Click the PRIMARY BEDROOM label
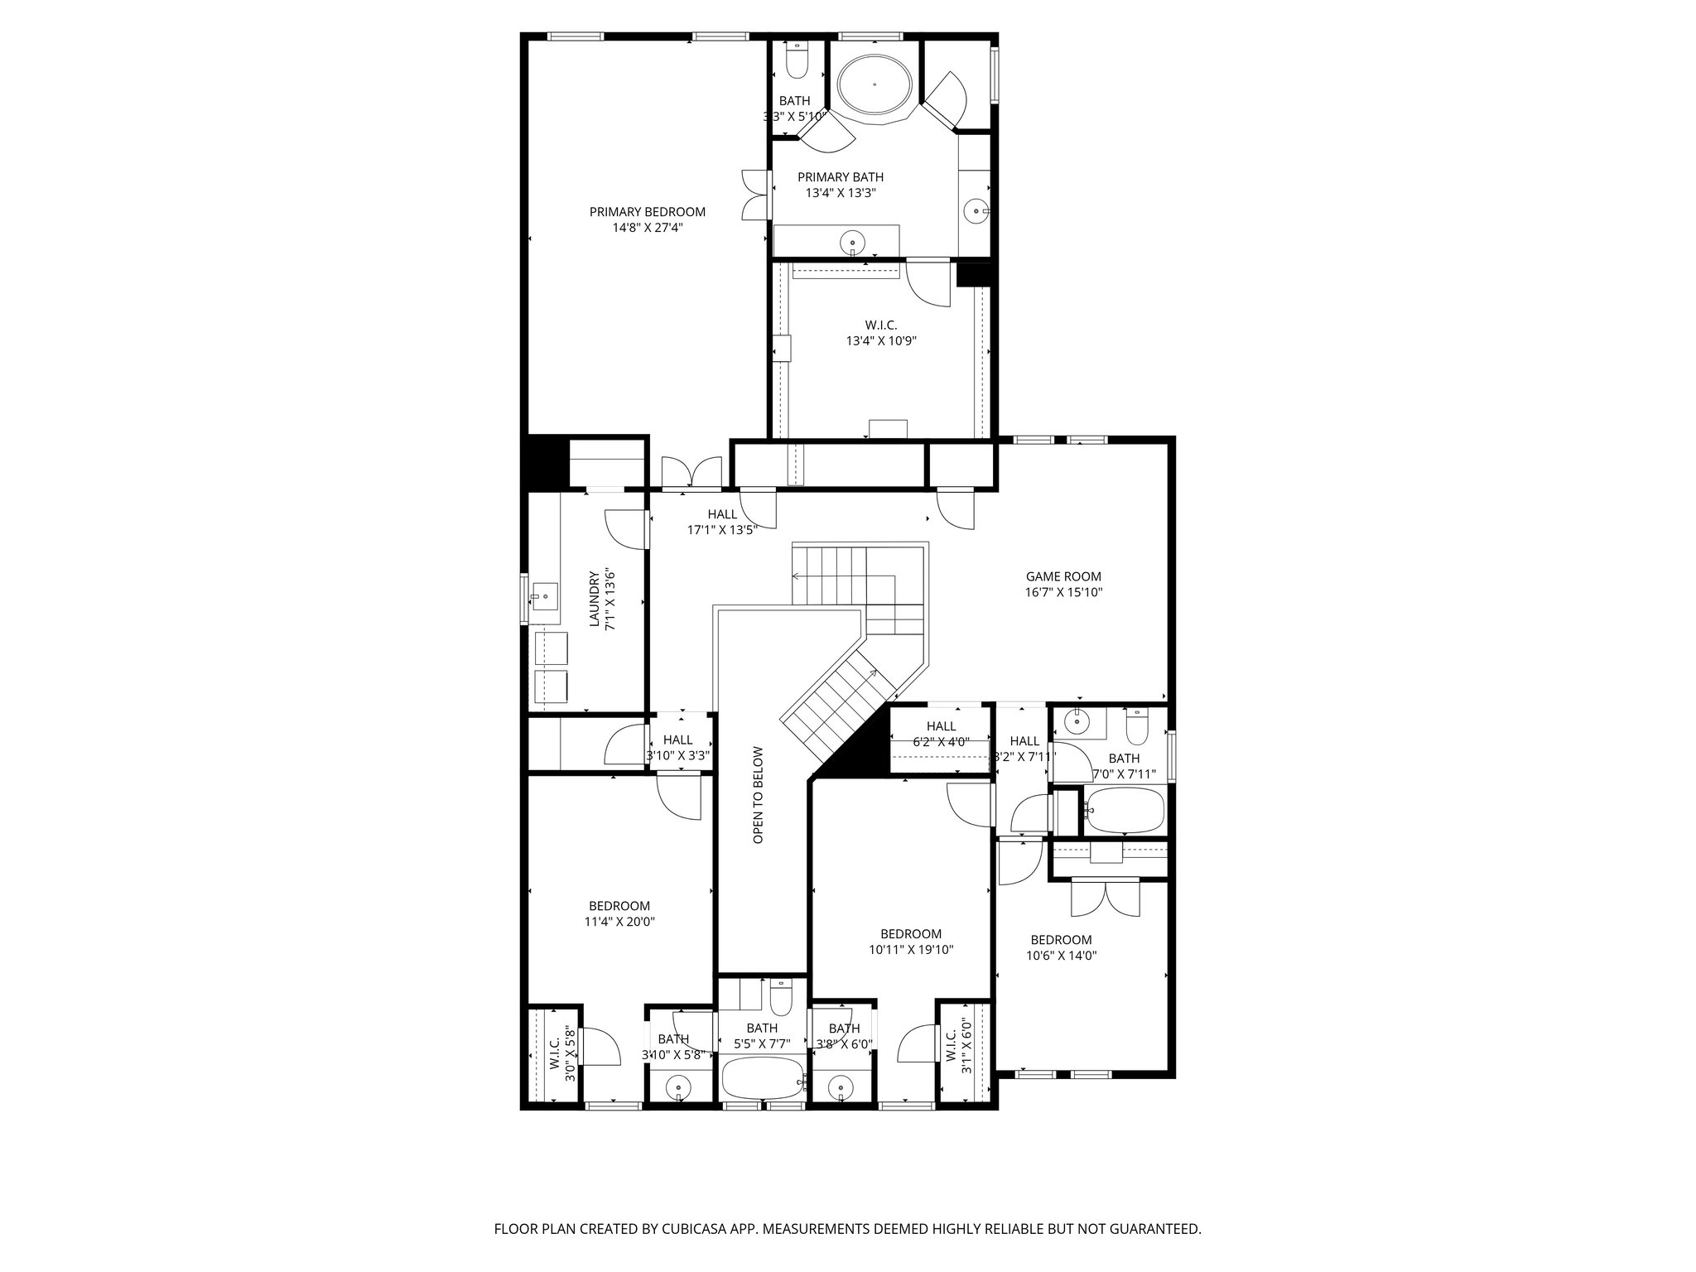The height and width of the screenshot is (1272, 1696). (x=647, y=212)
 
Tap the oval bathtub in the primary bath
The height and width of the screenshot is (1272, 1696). (x=874, y=84)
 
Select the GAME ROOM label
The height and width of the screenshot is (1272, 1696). (x=1063, y=577)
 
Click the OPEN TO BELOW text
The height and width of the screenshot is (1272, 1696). (x=758, y=796)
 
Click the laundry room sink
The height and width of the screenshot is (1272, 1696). (x=545, y=596)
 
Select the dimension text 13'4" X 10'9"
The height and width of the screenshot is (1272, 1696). (x=881, y=340)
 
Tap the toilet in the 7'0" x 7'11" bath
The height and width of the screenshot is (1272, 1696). (x=1138, y=727)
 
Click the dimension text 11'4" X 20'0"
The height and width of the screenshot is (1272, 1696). (x=619, y=922)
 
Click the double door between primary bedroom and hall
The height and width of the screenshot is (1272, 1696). (x=694, y=474)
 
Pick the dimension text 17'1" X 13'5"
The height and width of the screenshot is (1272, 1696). (x=722, y=530)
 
